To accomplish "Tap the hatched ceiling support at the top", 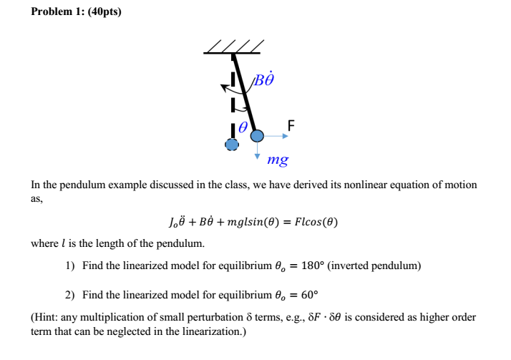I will [x=233, y=47].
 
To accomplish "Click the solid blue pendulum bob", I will [x=257, y=135].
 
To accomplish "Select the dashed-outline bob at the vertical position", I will [x=231, y=144].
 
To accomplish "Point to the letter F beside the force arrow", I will [x=290, y=126].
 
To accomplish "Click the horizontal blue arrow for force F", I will [x=276, y=135].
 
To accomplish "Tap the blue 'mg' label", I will [x=277, y=161].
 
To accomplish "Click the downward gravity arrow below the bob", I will [x=257, y=150].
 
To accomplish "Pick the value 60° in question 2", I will [x=304, y=294].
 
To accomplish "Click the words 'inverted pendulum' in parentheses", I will [x=386, y=266].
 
